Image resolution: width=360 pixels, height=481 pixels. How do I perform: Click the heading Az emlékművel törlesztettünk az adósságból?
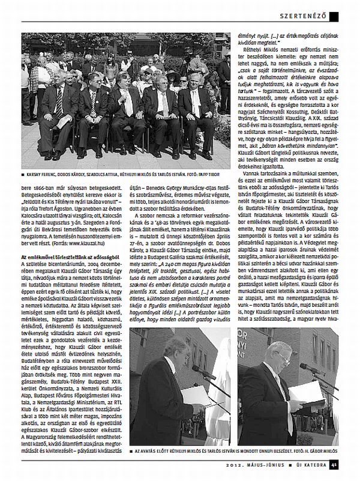click(65, 256)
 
